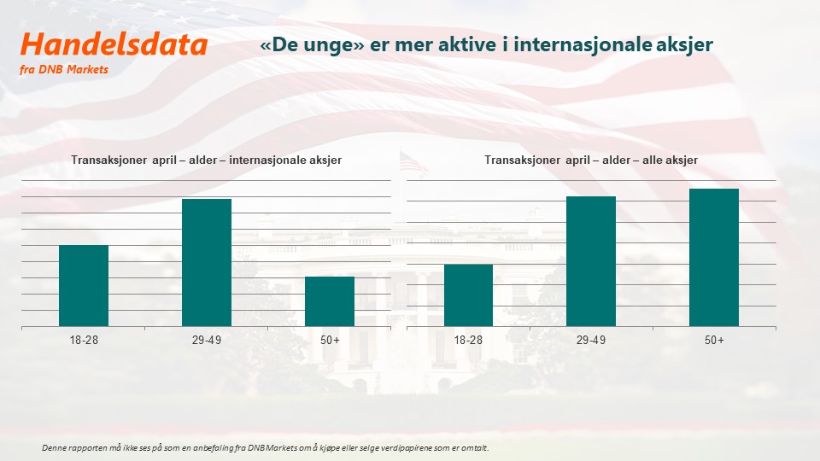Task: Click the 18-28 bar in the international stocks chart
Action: [84, 286]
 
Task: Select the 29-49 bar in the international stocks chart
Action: [207, 262]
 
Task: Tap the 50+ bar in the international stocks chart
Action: [330, 301]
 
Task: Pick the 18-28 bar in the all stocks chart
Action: [468, 295]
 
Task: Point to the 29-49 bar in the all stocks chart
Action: [591, 261]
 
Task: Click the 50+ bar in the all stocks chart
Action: [714, 258]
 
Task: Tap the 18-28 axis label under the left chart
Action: [84, 341]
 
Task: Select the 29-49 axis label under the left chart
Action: [207, 341]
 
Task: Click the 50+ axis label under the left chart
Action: [330, 341]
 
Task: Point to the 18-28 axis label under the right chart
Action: [468, 341]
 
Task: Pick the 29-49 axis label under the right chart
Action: [591, 341]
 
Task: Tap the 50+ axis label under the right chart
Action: [714, 341]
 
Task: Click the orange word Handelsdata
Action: [114, 44]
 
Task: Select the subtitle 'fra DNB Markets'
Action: [64, 69]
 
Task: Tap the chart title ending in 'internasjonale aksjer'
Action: [206, 160]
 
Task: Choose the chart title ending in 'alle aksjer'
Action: [591, 160]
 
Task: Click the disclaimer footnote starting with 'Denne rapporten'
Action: [265, 448]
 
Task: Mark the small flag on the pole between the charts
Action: [413, 162]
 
